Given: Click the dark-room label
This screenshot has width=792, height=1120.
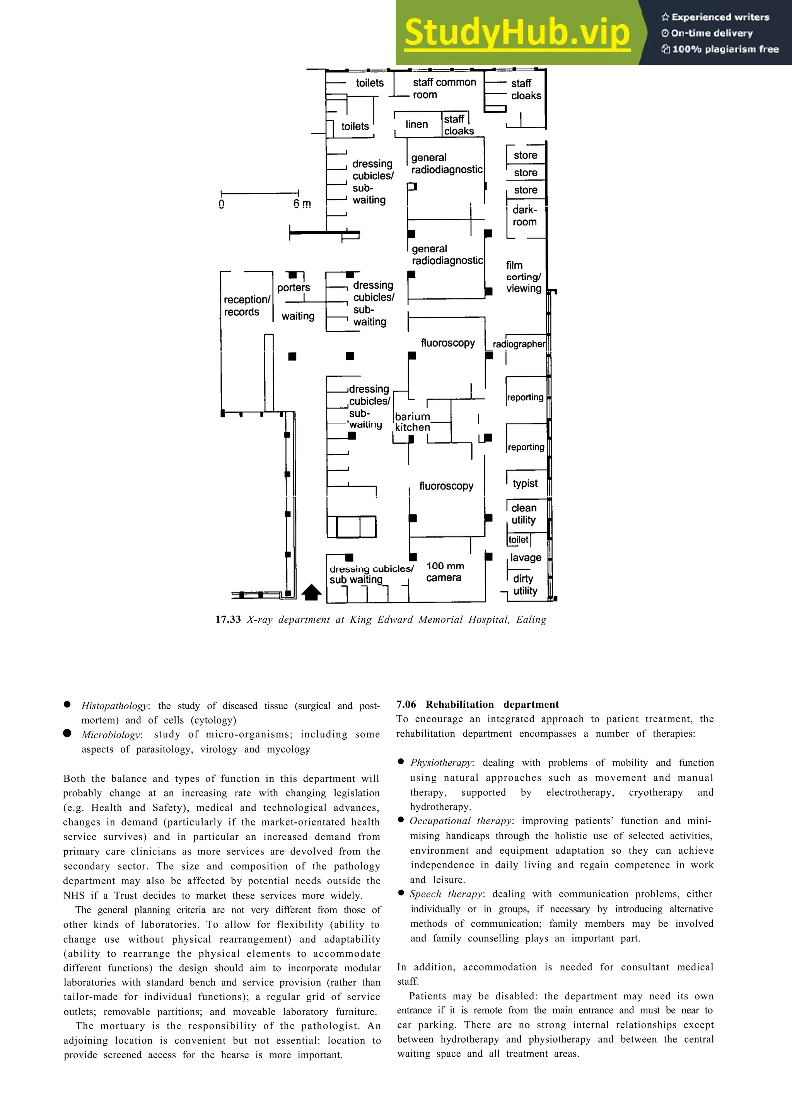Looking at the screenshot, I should click(x=525, y=216).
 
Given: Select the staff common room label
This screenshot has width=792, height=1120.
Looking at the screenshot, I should click(x=444, y=88).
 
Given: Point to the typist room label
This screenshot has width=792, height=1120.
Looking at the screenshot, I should click(x=525, y=483).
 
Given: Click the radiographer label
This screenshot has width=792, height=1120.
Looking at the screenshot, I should click(x=519, y=344).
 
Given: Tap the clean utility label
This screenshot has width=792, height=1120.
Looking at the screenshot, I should click(x=524, y=514).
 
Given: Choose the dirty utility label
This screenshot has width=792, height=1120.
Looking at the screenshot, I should click(x=525, y=585).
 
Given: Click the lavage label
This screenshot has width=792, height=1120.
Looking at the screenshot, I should click(x=526, y=558).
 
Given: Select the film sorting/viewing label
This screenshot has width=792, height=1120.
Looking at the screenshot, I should click(x=523, y=277).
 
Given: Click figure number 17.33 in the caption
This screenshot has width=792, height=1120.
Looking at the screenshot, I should click(x=228, y=620).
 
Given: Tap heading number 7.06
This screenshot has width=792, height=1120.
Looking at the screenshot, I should click(x=406, y=705).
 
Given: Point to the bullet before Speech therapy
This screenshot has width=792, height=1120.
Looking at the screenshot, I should click(x=401, y=893).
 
